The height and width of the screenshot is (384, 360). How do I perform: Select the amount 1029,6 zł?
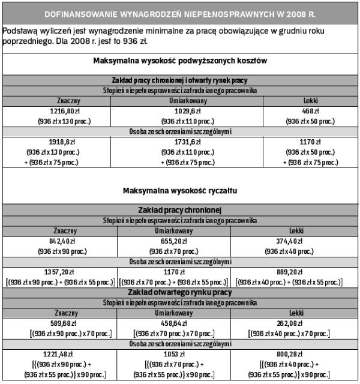click(186, 111)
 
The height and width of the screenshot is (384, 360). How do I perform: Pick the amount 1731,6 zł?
click(186, 142)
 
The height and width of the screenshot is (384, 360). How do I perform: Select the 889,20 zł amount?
click(297, 271)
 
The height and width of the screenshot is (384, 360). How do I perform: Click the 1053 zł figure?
click(186, 353)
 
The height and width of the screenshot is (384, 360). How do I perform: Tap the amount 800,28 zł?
click(297, 353)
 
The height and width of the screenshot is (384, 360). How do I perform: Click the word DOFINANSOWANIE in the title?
click(79, 12)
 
